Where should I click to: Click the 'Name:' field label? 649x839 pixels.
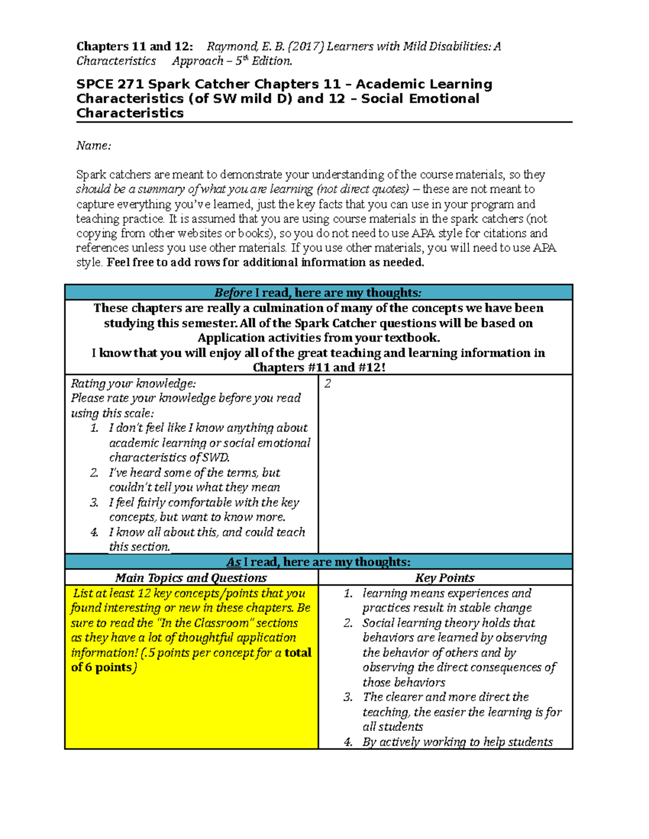click(x=94, y=146)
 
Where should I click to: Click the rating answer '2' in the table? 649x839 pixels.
click(x=327, y=384)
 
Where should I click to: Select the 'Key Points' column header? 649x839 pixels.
click(x=445, y=578)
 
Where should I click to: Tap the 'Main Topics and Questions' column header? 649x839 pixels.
click(x=191, y=578)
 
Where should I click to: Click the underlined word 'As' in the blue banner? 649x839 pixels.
click(x=233, y=562)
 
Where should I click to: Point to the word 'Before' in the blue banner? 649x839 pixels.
click(x=233, y=293)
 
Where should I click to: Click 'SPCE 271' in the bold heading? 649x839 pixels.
click(x=110, y=84)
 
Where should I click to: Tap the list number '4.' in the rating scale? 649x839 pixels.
click(x=95, y=533)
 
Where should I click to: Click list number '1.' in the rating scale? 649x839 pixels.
click(x=95, y=428)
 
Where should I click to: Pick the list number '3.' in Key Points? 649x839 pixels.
click(x=348, y=697)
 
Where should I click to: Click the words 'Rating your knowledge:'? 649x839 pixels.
click(x=133, y=384)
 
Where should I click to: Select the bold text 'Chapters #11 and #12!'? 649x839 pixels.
click(x=319, y=368)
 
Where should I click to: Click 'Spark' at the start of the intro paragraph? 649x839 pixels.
click(x=91, y=175)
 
